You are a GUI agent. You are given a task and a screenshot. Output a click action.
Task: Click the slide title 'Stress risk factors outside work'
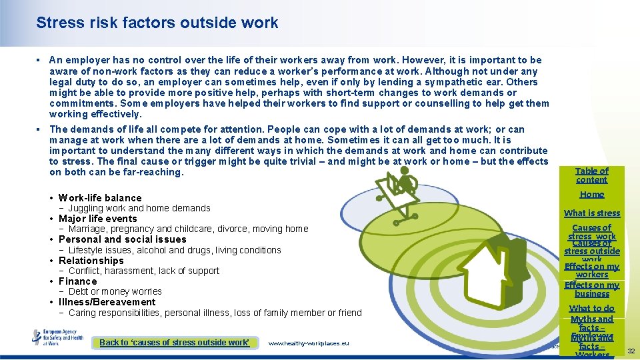157,23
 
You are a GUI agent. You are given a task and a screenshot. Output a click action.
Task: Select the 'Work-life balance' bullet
100,198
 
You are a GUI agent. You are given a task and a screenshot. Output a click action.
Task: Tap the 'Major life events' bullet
97,219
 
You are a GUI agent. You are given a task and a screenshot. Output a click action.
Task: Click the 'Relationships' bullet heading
91,261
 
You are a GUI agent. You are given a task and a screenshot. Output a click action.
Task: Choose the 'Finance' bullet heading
78,281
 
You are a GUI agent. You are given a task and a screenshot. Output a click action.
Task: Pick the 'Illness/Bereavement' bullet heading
107,302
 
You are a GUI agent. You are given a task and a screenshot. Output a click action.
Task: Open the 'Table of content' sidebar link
592,175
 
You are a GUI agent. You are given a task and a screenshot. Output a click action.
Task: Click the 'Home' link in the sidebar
592,195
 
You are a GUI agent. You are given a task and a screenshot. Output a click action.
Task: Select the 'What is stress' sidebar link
592,213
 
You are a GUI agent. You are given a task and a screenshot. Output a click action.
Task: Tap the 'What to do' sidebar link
592,309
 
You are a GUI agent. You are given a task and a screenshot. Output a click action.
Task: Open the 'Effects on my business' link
592,289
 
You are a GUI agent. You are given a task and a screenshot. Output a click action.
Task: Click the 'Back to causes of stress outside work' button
175,343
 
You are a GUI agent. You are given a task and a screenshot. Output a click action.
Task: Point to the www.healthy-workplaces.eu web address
309,343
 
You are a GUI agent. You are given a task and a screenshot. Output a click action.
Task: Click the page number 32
631,351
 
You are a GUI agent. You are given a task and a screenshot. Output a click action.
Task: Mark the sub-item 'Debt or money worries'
115,291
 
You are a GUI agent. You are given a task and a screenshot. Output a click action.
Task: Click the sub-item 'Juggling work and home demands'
139,208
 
